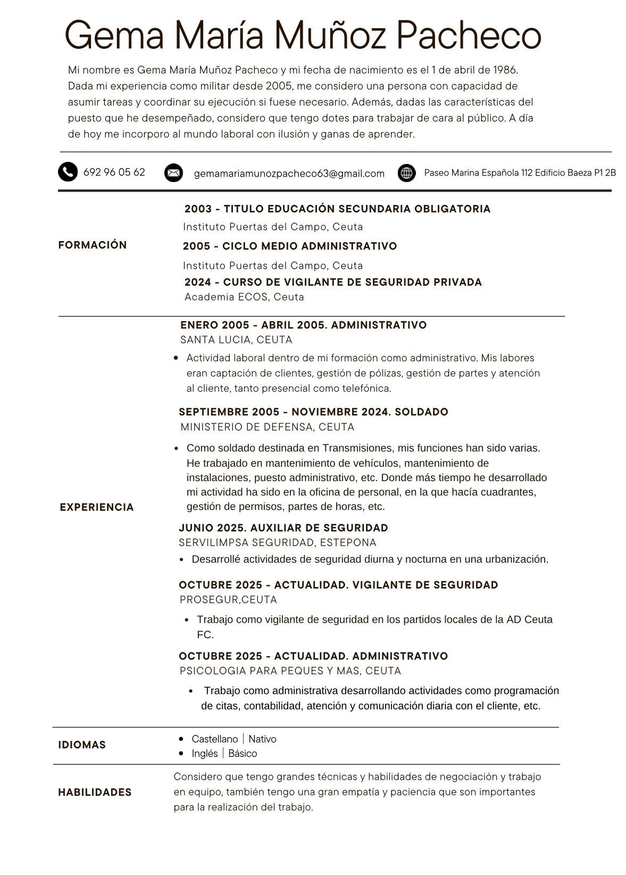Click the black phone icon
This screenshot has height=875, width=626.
coord(68,172)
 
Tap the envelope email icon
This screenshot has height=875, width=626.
coord(173,173)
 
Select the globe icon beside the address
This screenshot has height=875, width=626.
coord(406,173)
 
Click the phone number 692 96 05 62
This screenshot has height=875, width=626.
coord(114,172)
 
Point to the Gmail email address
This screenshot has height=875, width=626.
coord(289,174)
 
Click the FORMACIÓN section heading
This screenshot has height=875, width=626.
coord(93,245)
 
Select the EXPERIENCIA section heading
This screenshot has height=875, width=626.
coord(97,507)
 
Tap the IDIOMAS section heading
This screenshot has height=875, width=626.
coord(82,745)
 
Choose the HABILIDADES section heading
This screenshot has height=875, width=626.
coord(95,792)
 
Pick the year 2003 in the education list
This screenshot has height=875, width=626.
coord(198,209)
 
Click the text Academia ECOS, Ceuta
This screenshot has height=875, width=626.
coord(244,297)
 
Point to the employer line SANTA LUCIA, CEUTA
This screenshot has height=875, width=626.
coord(236,340)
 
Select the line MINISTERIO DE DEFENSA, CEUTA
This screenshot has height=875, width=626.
coord(267,427)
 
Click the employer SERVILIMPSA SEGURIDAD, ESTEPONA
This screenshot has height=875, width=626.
coord(277,542)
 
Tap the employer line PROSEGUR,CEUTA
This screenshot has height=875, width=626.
coord(228,600)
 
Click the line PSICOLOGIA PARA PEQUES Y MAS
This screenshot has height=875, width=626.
coord(290,671)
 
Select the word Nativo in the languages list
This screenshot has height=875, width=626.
coord(262,739)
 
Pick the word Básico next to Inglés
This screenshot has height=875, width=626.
coord(243,753)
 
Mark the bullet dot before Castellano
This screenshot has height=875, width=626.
coord(181,739)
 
